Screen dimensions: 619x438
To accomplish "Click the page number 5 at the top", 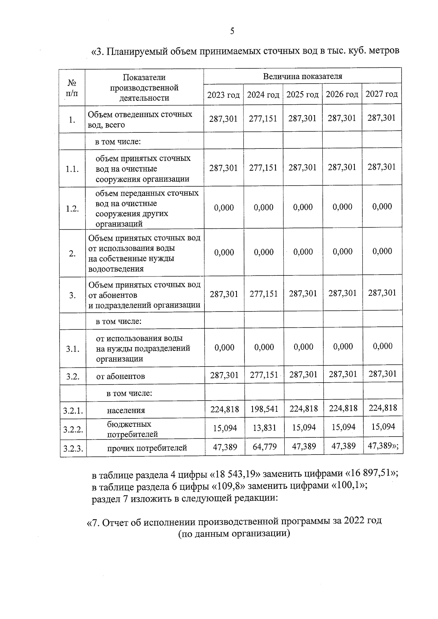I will coord(232,31).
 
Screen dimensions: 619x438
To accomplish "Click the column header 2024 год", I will coord(263,95).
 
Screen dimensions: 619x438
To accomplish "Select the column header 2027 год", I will coord(382,94).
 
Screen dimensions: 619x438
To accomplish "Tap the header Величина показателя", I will coord(303,76).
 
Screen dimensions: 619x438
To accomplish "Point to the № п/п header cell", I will coord(72,88).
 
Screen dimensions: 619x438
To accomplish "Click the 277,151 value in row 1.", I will coord(263,119).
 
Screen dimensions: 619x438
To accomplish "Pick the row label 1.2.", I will coord(72,209).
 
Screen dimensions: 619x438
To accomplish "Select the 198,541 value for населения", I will coord(264,409).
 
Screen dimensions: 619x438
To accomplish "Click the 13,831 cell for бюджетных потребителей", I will coord(265,428).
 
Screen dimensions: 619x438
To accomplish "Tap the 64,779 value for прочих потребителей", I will coord(265,446).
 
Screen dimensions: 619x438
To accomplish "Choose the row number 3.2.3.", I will coord(73,448).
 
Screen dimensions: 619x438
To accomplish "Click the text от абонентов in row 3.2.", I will coord(120,376).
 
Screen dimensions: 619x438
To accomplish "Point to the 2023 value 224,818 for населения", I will coord(224,409).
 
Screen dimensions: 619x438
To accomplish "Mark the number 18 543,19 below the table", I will coord(235,475).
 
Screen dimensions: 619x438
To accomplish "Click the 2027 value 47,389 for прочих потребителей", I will coord(380,446).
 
